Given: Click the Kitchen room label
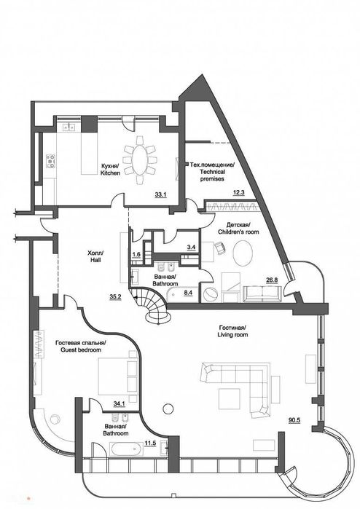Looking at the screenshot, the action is (110, 169).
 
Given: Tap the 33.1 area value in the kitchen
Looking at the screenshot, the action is (160, 194).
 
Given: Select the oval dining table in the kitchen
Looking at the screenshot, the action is (140, 160).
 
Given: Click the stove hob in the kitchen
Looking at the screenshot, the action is (51, 161).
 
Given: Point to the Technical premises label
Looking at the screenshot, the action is (212, 171).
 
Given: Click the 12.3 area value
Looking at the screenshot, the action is (239, 192).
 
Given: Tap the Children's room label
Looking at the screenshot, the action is (238, 228).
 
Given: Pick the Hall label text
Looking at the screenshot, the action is (95, 256).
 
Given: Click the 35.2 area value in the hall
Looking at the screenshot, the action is (115, 296).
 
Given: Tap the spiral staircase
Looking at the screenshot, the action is (153, 306).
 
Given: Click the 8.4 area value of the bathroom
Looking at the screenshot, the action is (189, 293).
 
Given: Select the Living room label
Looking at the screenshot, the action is (232, 331).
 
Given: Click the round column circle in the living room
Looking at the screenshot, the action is (168, 409).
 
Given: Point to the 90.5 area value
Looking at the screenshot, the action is (294, 420).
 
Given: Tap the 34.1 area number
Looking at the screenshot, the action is (120, 404).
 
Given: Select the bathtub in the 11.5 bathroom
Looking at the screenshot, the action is (126, 449).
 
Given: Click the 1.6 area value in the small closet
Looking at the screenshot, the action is (136, 255).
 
